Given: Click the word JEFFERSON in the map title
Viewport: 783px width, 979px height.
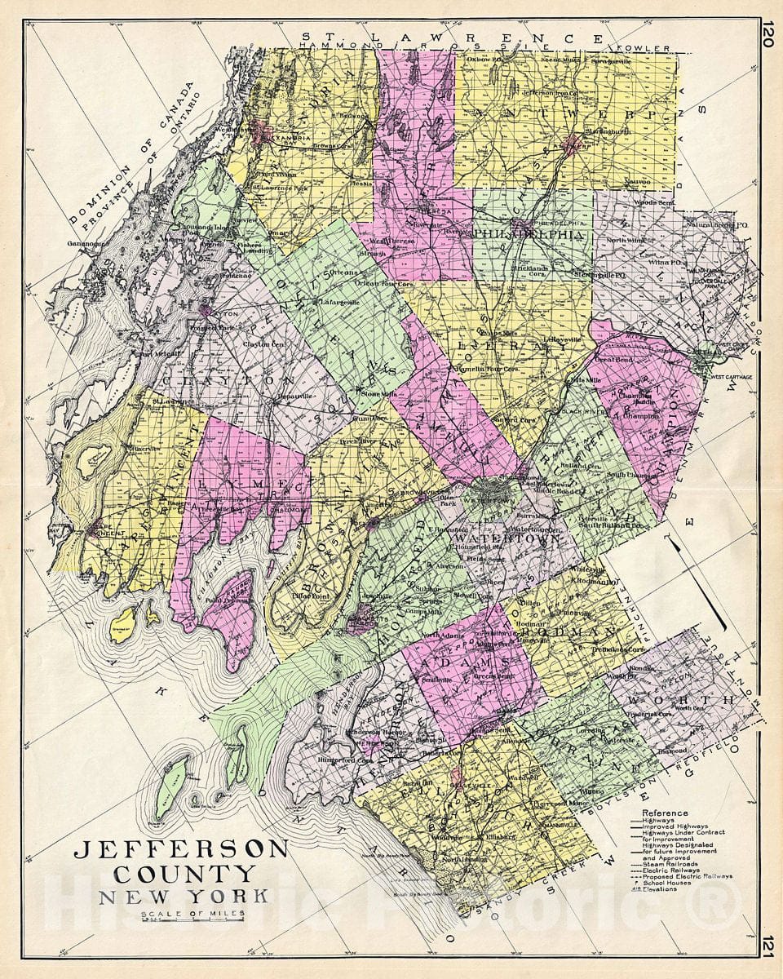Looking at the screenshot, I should pos(180,849).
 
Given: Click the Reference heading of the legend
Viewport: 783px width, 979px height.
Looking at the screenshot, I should pos(665,813).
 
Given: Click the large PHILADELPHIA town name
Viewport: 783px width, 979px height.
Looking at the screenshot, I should pos(530,234).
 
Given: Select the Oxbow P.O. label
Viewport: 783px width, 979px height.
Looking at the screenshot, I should pos(484,59).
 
